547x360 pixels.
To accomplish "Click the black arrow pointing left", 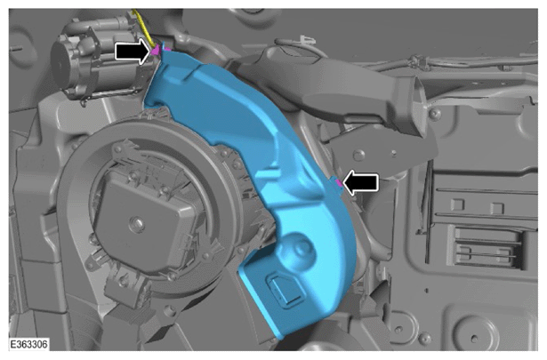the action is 361,182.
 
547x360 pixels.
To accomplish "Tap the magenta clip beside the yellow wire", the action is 156,51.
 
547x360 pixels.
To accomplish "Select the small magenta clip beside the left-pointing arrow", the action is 338,182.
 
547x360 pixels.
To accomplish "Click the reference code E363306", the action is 29,344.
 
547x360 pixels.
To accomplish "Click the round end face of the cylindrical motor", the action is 61,65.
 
